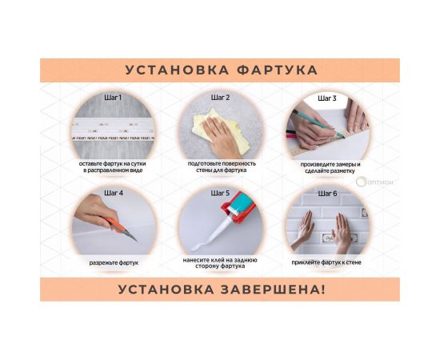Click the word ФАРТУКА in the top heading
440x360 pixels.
(278, 70)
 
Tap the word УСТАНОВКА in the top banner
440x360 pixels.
(177, 70)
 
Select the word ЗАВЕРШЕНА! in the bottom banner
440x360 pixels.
(273, 290)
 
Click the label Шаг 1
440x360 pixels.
(113, 98)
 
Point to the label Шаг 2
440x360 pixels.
(220, 98)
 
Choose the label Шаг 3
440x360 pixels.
(327, 98)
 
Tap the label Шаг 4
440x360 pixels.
(114, 193)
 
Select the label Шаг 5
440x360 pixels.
(220, 194)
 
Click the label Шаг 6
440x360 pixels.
(327, 194)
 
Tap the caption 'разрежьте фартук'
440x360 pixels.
(114, 263)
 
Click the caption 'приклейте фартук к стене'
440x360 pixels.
(326, 262)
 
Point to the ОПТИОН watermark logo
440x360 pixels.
(374, 182)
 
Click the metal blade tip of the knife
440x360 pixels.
(131, 237)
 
